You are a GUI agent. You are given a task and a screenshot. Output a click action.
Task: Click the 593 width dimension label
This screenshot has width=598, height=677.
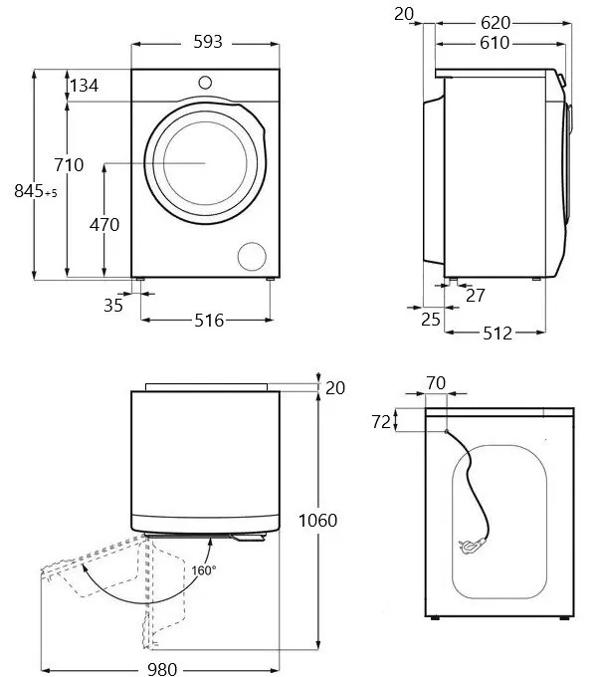207,42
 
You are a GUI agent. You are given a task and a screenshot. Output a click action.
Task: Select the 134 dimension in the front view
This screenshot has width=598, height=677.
84,86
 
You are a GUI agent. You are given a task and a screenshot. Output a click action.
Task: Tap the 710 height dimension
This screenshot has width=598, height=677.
69,165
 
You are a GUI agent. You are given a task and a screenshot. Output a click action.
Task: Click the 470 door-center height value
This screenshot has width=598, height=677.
103,225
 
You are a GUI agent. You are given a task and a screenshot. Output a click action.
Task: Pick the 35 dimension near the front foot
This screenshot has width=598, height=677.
113,306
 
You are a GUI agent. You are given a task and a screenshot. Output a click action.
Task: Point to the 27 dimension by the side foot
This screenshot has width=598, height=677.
476,296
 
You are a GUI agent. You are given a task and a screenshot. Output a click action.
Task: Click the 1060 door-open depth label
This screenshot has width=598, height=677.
316,520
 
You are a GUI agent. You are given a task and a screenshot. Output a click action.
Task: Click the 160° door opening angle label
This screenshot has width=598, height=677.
204,570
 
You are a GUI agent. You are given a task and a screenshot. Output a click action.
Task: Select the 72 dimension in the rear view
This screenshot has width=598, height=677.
379,421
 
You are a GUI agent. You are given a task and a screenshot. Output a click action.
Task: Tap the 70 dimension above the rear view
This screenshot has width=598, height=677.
435,381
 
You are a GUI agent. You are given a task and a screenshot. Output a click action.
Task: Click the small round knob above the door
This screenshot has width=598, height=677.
205,82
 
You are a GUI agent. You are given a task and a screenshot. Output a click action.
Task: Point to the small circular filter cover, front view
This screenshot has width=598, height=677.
252,255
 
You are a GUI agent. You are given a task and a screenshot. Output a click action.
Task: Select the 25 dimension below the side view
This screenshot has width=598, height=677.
430,319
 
